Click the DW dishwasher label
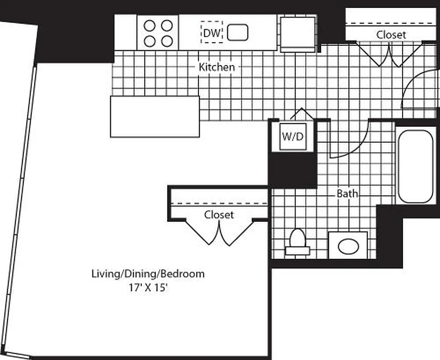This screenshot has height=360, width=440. point(211,32)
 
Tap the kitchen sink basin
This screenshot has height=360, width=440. point(238,32)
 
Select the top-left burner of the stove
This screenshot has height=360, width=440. point(149,25)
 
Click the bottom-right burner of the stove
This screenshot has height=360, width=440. point(167,41)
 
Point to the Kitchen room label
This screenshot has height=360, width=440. point(217,67)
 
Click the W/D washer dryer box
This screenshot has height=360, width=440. point(292,136)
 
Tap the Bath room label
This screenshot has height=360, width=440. point(348,193)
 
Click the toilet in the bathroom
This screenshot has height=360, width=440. point(297,242)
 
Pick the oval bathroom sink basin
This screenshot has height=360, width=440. point(348,246)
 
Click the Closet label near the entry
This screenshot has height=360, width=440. point(391,35)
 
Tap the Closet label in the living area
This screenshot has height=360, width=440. point(219,215)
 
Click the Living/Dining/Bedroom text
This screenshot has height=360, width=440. point(148,273)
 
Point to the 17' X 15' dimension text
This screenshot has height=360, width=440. point(148,288)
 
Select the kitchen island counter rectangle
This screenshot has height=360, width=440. point(155,116)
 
